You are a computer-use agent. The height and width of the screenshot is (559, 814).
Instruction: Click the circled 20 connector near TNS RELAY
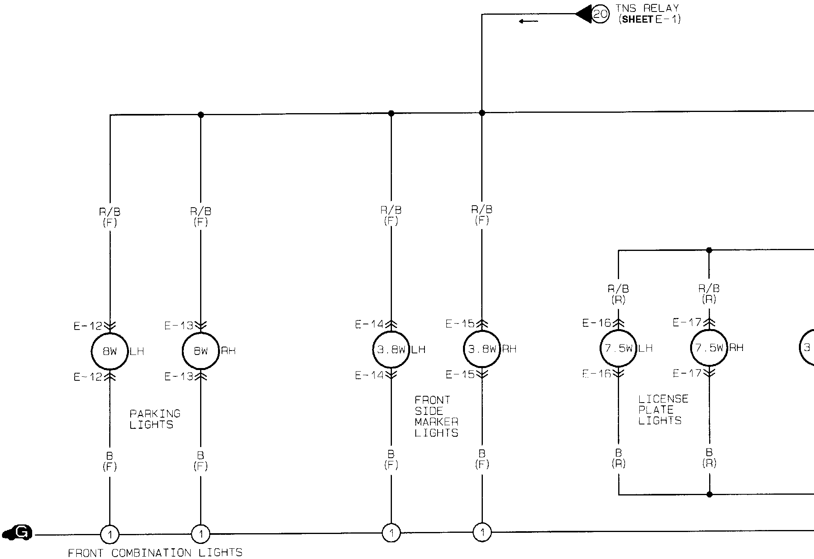tap(600, 14)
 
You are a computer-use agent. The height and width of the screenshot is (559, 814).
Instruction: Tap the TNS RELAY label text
tap(648, 8)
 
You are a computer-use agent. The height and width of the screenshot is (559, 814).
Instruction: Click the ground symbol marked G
tap(18, 533)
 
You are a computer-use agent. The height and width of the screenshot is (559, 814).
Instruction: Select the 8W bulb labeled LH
tap(110, 351)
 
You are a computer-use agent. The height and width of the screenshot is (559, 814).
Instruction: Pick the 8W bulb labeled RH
tap(201, 351)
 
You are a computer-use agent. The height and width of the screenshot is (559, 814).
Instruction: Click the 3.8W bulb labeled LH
tap(391, 350)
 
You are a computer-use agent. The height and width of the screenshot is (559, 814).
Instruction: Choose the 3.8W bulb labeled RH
tap(482, 349)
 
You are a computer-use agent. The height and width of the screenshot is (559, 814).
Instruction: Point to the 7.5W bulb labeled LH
tap(618, 348)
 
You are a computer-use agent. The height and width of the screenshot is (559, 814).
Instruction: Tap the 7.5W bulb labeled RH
tap(709, 348)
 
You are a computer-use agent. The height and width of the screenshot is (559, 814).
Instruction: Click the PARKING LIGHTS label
tap(155, 419)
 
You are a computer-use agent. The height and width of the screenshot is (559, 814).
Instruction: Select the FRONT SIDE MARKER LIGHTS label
tap(436, 416)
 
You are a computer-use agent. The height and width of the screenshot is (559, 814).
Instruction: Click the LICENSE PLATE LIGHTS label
tap(663, 410)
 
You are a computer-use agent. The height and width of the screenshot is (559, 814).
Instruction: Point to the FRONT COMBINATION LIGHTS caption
tap(155, 553)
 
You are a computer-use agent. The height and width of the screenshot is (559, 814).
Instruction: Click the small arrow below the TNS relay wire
tap(529, 21)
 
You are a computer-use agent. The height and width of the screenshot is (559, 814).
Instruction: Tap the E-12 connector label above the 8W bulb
tap(88, 326)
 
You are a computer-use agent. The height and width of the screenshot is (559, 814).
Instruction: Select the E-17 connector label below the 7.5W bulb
tap(687, 373)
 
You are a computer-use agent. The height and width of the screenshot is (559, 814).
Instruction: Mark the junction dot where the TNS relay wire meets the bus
tap(482, 113)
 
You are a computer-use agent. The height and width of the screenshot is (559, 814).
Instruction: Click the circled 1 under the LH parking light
tap(110, 535)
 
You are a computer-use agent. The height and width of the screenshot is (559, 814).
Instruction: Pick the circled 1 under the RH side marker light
tap(482, 532)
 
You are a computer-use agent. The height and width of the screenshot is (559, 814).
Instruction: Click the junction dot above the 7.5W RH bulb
tap(709, 250)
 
